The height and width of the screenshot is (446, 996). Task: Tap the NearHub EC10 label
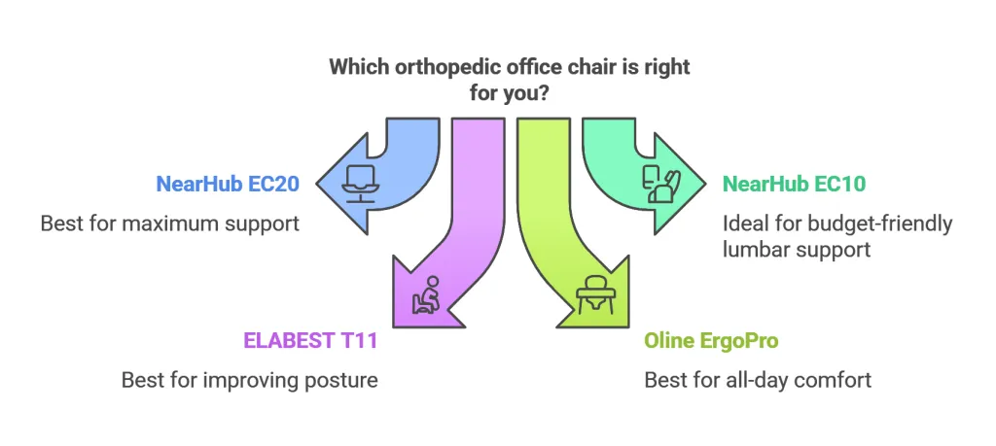pos(795,183)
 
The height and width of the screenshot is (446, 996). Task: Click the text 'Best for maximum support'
pos(169,223)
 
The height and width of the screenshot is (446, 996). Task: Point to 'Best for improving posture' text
pos(249,379)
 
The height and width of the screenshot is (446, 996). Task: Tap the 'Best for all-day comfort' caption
pos(758,379)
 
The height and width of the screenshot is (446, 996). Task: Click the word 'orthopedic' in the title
pos(427,67)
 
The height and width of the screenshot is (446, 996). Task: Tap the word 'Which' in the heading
pos(355,67)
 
